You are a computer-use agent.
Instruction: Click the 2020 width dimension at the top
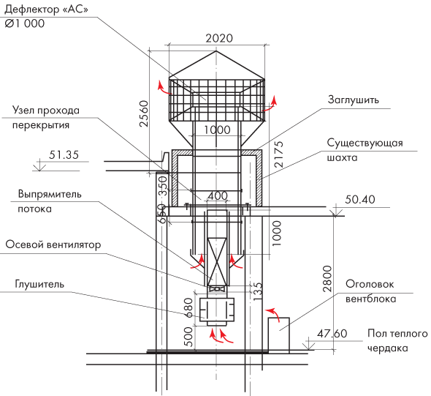[219, 38]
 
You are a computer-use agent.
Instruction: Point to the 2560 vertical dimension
[144, 113]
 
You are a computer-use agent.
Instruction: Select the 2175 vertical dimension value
[279, 154]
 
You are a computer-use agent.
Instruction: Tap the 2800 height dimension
[327, 279]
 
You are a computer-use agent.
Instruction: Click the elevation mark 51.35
[64, 154]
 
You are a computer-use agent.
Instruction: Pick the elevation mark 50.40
[360, 199]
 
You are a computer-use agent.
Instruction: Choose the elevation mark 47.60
[332, 334]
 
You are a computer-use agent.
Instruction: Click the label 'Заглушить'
[354, 100]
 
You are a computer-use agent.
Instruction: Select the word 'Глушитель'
[39, 284]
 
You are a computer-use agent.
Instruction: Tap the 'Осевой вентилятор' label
[53, 244]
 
